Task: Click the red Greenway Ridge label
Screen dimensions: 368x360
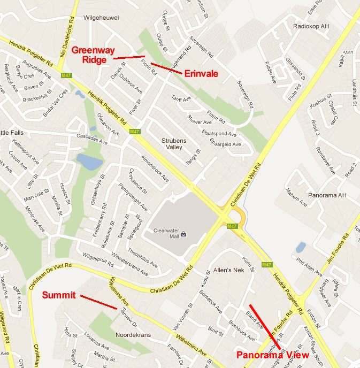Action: click(89, 55)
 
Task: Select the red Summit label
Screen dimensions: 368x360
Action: click(58, 295)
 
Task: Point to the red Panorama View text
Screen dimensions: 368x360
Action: click(273, 355)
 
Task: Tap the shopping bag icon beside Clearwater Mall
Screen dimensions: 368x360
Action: click(183, 234)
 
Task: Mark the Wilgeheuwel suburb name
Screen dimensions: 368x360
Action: click(101, 17)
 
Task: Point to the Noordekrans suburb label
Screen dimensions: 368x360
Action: click(133, 335)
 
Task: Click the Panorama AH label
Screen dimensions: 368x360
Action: click(327, 195)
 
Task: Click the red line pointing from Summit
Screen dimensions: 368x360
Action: click(98, 302)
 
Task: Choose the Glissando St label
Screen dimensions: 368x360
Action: click(295, 70)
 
